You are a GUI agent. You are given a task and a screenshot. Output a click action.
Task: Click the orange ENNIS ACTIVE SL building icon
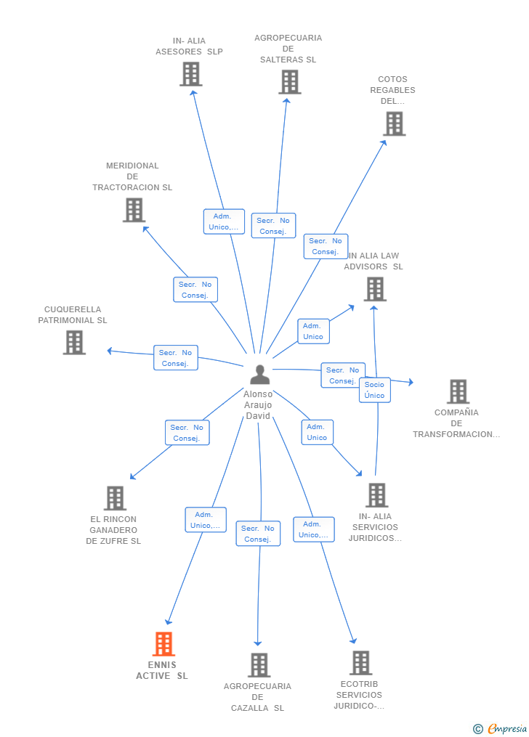(x=163, y=644)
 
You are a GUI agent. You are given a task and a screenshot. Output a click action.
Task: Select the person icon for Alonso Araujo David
(x=259, y=375)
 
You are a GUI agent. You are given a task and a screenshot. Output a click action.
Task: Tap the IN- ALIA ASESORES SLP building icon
(x=191, y=74)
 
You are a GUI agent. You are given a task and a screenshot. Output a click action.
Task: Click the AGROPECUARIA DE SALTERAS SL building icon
(x=290, y=82)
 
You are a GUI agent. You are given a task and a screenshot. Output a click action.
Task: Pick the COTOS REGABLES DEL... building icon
(x=394, y=123)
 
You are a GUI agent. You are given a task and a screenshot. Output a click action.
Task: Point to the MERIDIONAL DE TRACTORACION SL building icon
(x=134, y=210)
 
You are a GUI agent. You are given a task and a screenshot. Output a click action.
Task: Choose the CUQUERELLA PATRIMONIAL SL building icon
(x=74, y=342)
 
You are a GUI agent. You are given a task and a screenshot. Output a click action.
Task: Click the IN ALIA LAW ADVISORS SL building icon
(x=375, y=289)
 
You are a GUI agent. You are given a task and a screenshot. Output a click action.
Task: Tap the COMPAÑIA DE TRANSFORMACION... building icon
(x=458, y=391)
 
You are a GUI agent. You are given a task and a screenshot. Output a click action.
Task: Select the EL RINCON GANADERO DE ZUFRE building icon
(x=115, y=498)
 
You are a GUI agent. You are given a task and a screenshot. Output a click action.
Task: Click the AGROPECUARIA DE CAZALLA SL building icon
(x=259, y=665)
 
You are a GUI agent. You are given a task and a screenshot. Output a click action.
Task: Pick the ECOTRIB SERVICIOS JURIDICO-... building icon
(x=360, y=663)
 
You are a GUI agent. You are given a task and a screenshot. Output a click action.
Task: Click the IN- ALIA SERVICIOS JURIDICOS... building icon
(x=376, y=495)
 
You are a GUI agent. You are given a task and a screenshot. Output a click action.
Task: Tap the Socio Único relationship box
(x=375, y=390)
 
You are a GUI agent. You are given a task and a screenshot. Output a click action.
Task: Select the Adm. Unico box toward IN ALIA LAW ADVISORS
(x=313, y=331)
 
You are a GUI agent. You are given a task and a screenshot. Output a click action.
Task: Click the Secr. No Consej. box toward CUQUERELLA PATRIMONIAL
(x=175, y=358)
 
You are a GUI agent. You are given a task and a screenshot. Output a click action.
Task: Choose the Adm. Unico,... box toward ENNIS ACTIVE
(x=206, y=520)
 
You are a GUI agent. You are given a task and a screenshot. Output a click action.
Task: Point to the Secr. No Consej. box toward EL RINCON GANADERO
(x=187, y=433)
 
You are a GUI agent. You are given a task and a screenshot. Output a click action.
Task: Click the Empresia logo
(x=501, y=729)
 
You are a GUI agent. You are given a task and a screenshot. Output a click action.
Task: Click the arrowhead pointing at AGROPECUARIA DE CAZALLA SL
(x=258, y=643)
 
